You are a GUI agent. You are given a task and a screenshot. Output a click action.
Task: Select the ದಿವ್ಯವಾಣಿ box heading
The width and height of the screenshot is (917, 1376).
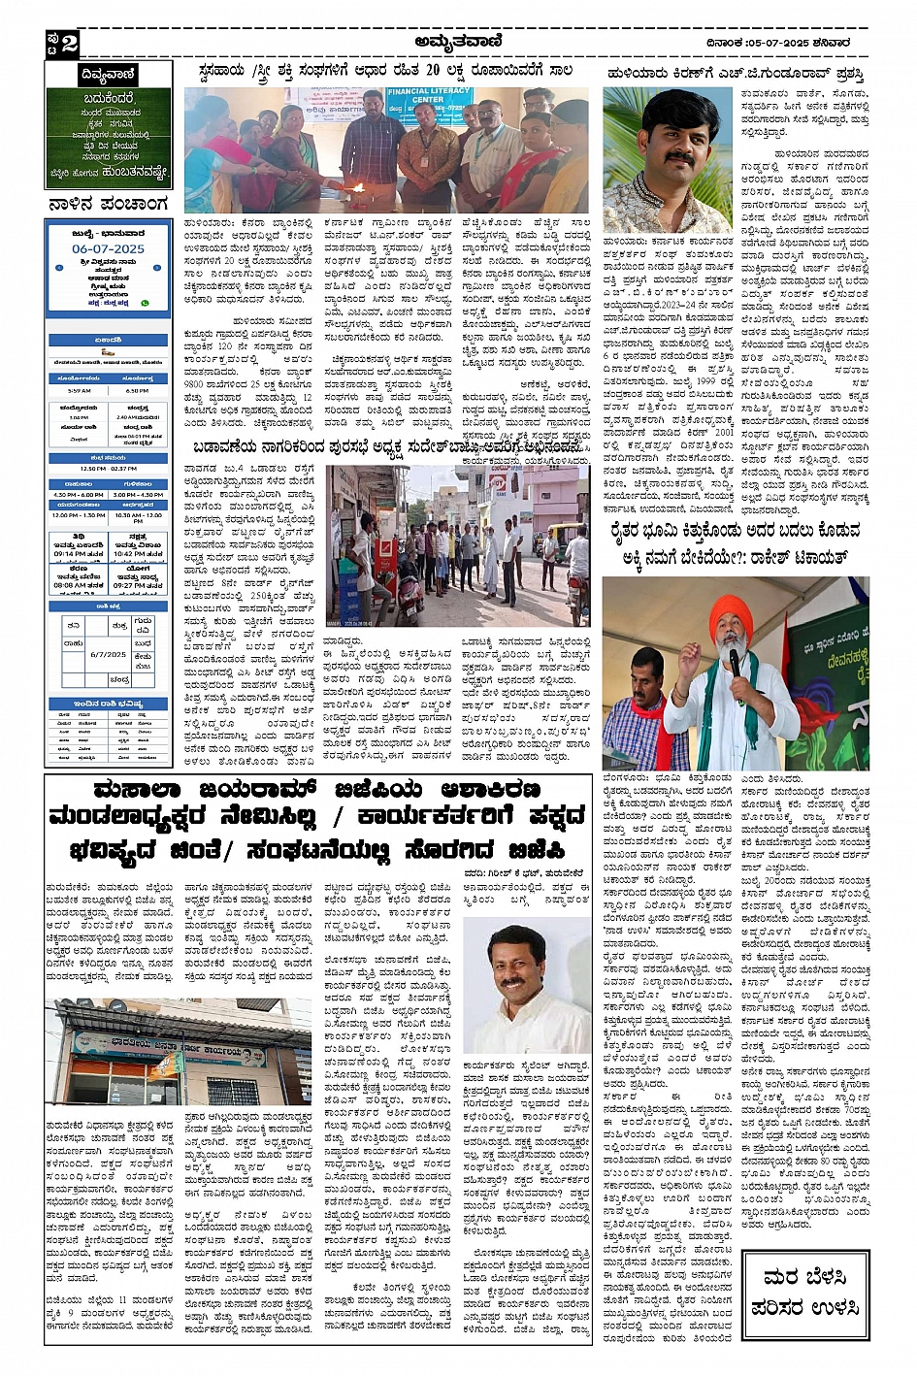coord(108,75)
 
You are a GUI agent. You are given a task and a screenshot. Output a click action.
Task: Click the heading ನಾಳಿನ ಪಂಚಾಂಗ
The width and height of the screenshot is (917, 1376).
coord(108,205)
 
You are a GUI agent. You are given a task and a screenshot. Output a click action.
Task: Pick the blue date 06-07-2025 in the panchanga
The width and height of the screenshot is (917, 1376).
coord(108,249)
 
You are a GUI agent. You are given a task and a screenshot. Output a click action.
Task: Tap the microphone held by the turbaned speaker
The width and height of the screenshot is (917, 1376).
coord(735,664)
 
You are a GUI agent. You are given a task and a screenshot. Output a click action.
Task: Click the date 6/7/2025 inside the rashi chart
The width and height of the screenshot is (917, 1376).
coord(108,655)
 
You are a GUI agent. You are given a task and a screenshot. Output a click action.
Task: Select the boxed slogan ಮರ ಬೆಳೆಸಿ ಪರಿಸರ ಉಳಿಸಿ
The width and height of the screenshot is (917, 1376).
coord(804,1294)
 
